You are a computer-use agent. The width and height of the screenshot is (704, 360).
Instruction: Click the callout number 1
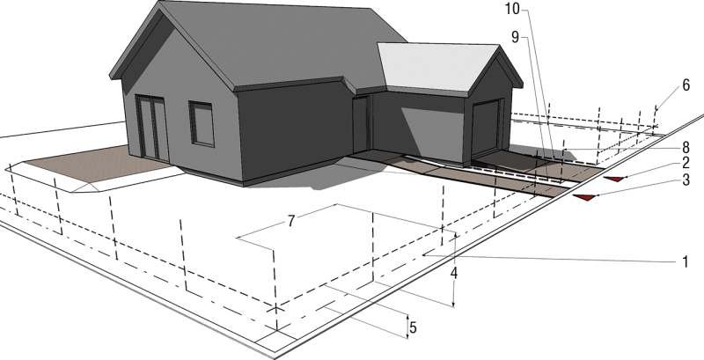(x=686, y=261)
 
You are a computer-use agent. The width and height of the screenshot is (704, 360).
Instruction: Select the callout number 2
(x=686, y=163)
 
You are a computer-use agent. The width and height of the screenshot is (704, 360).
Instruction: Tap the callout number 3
(x=686, y=180)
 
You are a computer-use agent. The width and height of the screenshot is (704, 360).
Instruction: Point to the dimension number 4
(x=454, y=273)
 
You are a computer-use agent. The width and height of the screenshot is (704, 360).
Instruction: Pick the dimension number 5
(x=413, y=327)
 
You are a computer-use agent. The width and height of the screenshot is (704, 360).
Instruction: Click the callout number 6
(x=686, y=85)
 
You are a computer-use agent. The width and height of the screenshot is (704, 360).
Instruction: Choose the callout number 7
(x=291, y=221)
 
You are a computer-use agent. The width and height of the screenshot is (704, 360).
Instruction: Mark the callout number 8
(x=686, y=146)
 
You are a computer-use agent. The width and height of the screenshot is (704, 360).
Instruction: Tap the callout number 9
(x=515, y=38)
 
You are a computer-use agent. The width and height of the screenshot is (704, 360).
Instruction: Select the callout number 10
(x=512, y=9)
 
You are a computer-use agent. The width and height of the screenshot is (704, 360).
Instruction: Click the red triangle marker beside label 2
(x=614, y=179)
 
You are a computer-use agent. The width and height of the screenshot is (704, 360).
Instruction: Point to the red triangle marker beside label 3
(x=584, y=197)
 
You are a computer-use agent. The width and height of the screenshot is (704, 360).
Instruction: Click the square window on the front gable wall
(x=202, y=124)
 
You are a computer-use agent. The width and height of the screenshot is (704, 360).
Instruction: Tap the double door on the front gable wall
(x=152, y=128)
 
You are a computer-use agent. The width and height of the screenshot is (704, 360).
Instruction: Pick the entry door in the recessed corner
(x=361, y=124)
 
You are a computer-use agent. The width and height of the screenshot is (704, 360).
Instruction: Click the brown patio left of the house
(x=97, y=164)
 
